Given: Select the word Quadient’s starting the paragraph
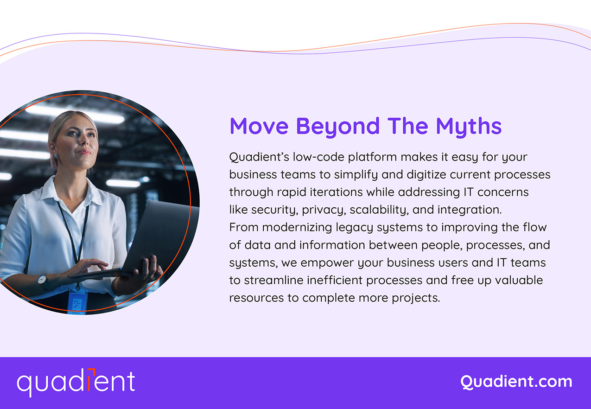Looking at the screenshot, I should [259, 157].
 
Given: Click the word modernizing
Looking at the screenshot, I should [296, 227].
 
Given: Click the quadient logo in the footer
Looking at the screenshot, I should [76, 382].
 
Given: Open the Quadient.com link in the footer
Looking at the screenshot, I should [516, 382].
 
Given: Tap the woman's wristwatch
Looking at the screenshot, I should [42, 280].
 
